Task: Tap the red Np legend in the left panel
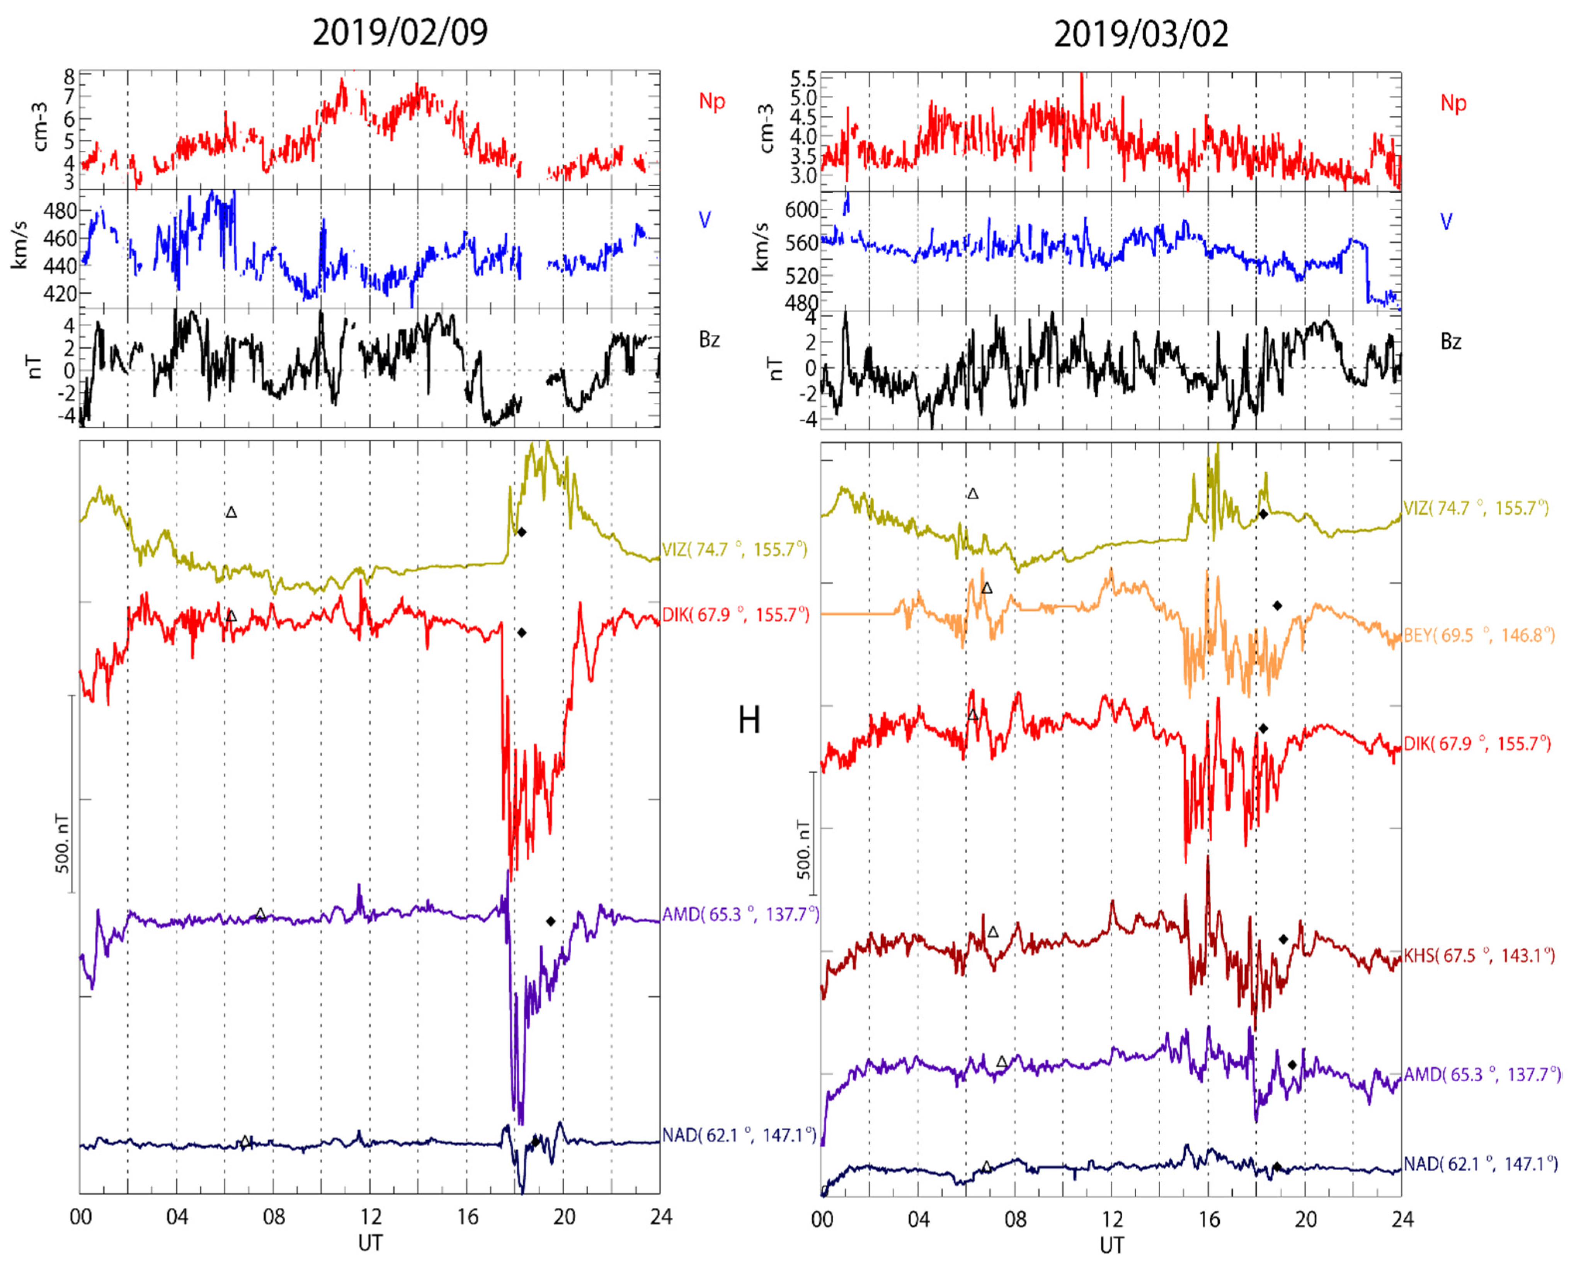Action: pyautogui.click(x=712, y=101)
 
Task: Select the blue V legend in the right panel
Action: pyautogui.click(x=1447, y=221)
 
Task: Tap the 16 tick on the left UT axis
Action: pyautogui.click(x=467, y=1217)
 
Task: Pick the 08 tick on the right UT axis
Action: pyautogui.click(x=1015, y=1219)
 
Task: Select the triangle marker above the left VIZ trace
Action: pyautogui.click(x=231, y=512)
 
